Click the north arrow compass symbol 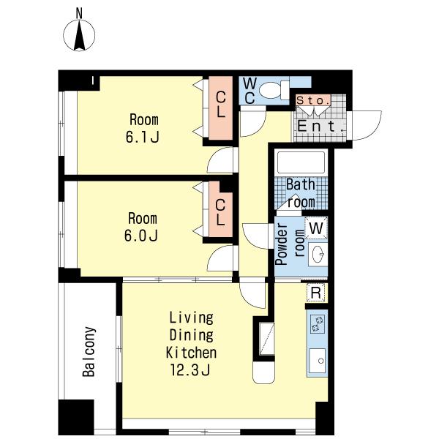[79, 36]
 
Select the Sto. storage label [313, 100]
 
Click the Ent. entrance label [320, 126]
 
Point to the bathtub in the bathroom [301, 163]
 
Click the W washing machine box [316, 228]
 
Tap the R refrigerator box [316, 293]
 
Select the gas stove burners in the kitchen [318, 324]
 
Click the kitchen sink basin [318, 361]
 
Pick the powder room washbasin [318, 254]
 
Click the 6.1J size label [143, 138]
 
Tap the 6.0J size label [141, 236]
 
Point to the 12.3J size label [190, 370]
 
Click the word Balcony [89, 352]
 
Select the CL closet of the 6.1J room [221, 108]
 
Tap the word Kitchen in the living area [191, 353]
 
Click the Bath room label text [301, 193]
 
